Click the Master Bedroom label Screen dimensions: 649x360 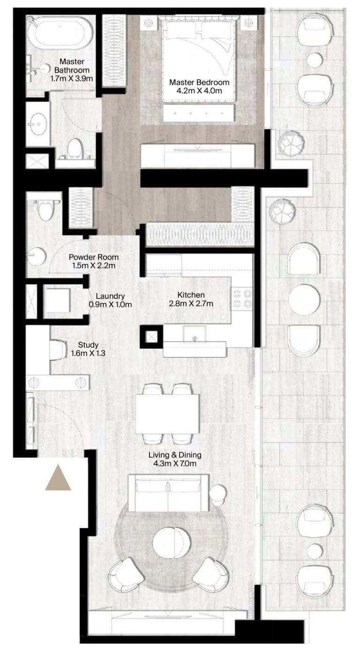tap(196, 82)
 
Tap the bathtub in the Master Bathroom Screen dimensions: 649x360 tap(60, 34)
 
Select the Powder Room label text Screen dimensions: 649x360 tap(93, 257)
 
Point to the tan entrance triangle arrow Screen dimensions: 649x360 tap(58, 479)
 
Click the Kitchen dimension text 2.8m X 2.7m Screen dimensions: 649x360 tap(191, 304)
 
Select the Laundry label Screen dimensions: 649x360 tap(110, 296)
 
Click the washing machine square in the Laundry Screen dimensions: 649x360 tap(57, 300)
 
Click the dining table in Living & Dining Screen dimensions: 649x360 tap(167, 413)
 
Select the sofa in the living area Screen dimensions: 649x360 tap(169, 493)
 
